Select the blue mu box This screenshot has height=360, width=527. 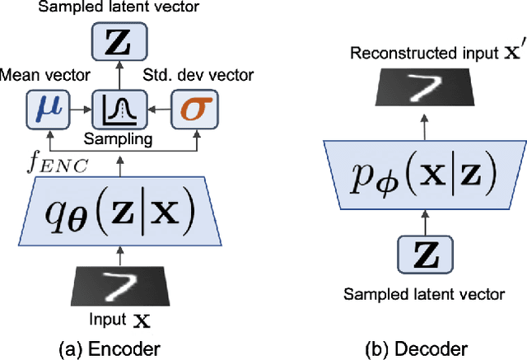(x=50, y=108)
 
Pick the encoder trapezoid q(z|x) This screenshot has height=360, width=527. (x=121, y=215)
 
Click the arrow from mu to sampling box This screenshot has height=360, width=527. (x=82, y=108)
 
